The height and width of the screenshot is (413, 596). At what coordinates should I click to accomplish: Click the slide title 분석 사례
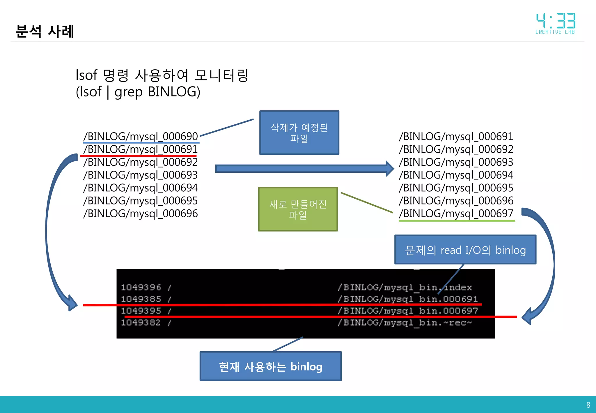tap(45, 31)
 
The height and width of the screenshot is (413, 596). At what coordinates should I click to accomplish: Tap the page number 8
tap(588, 405)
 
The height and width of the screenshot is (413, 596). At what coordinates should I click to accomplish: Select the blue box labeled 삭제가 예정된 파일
tap(299, 133)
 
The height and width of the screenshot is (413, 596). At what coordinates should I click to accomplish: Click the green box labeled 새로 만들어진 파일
tap(298, 209)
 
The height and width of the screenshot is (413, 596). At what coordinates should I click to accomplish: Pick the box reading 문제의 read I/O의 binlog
tap(465, 250)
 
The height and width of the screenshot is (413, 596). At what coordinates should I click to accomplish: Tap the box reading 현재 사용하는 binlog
tap(270, 366)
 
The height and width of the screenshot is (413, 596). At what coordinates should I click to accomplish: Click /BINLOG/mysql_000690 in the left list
tap(141, 136)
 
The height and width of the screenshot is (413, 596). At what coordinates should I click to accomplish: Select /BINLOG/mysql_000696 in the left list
tap(141, 213)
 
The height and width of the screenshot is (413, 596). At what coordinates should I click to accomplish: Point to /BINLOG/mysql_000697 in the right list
tap(456, 213)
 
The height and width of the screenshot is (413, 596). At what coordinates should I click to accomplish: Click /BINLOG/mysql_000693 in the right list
tap(456, 162)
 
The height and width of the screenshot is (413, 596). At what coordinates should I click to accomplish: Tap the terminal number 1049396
tap(141, 287)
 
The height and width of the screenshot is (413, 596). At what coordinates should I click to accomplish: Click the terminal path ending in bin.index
tap(405, 287)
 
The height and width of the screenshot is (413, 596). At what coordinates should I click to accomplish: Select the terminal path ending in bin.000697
tap(407, 311)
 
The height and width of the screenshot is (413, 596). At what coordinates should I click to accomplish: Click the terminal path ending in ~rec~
tap(405, 323)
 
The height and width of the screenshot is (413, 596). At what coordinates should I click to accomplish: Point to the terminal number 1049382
tap(141, 323)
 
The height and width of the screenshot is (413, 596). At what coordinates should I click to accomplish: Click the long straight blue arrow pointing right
tap(303, 169)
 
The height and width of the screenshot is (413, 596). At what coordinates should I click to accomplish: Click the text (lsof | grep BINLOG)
tap(138, 92)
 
